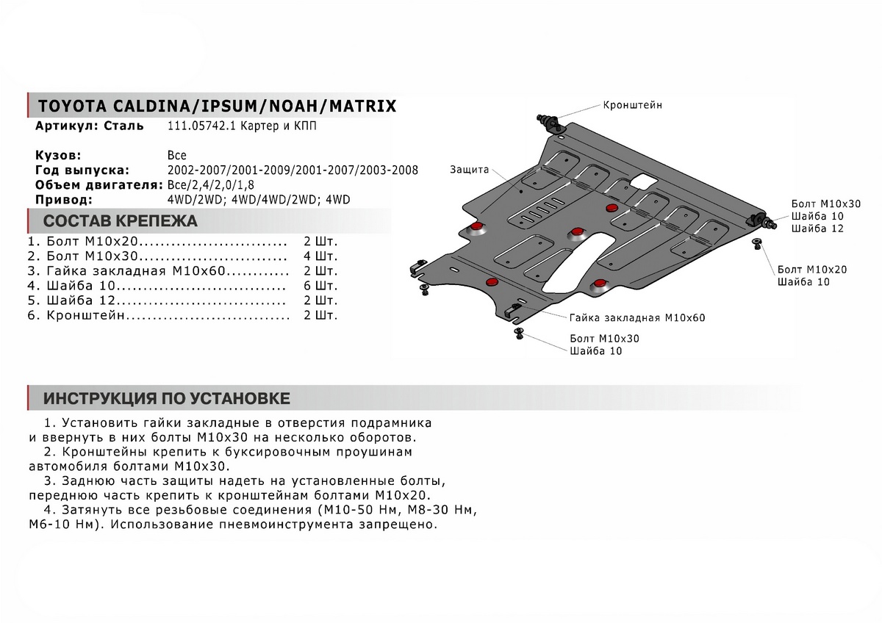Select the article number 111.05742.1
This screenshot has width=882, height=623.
pyautogui.click(x=196, y=126)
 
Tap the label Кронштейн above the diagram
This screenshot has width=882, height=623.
pyautogui.click(x=632, y=105)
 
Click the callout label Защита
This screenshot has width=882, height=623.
pyautogui.click(x=470, y=170)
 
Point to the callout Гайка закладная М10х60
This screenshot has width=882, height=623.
pyautogui.click(x=637, y=319)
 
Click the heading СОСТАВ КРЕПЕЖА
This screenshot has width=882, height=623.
pyautogui.click(x=121, y=221)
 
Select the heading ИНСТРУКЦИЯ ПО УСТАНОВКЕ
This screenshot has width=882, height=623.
pyautogui.click(x=167, y=398)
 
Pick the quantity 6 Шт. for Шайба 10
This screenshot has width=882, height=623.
pyautogui.click(x=320, y=286)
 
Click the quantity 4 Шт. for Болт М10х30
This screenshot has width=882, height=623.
pyautogui.click(x=320, y=256)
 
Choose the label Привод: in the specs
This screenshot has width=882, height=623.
pyautogui.click(x=63, y=199)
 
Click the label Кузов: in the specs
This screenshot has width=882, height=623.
pyautogui.click(x=58, y=156)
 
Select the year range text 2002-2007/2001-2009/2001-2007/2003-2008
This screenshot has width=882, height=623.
pyautogui.click(x=293, y=170)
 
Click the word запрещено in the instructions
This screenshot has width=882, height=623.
pyautogui.click(x=401, y=525)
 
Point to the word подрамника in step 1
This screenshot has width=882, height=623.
pyautogui.click(x=395, y=423)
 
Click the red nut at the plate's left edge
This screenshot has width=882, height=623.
pyautogui.click(x=478, y=226)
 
